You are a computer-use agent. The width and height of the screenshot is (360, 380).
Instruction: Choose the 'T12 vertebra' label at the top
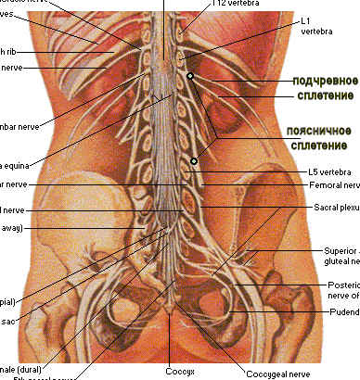[x=231, y=4]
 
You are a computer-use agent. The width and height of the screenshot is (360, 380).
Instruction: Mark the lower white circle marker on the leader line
[x=194, y=162]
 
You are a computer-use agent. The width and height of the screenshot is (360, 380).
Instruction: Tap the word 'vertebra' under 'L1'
[x=315, y=31]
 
